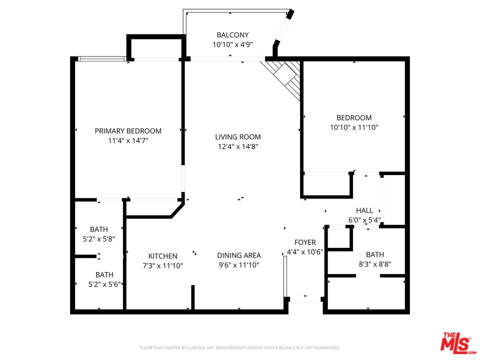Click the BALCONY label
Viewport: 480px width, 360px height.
pos(232,35)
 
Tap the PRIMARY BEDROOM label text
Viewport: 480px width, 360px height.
pos(128,131)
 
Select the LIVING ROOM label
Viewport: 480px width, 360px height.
pos(238,137)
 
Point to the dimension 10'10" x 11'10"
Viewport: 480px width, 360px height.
pos(354,127)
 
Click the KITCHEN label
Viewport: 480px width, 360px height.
pos(163,256)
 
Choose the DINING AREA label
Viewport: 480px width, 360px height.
pos(239,255)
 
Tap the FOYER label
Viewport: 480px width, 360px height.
pos(305,242)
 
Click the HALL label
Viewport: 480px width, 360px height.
pos(364,210)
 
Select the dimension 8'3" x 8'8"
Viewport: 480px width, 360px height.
pos(375,264)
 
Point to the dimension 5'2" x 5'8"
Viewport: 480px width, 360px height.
pos(99,239)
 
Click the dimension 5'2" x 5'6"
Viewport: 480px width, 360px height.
pos(104,284)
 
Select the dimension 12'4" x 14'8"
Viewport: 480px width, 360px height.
pos(238,146)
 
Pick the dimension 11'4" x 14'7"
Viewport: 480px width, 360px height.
pos(128,141)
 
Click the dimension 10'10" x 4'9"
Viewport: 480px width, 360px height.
pos(232,44)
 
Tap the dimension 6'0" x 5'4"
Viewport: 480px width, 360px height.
pos(364,220)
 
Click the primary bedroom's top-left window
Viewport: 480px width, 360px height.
pos(102,59)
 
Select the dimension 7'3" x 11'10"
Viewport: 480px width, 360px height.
pos(163,265)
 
